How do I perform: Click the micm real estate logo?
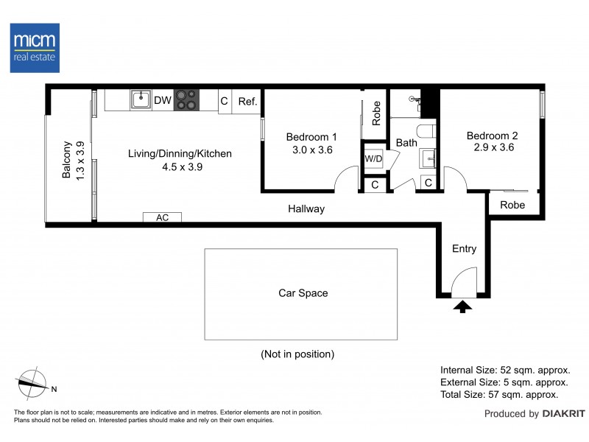(35, 48)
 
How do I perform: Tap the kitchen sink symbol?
(141, 99)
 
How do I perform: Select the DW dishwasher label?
(163, 100)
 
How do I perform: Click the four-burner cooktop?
(186, 100)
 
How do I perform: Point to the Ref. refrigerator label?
(247, 102)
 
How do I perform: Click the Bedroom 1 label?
(311, 137)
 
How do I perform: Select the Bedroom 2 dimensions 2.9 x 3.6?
(493, 147)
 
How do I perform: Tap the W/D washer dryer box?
(373, 158)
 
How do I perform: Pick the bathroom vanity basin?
(428, 158)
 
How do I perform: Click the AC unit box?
(162, 217)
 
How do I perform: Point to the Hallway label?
(306, 208)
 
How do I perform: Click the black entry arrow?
(462, 306)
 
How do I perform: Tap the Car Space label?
(303, 293)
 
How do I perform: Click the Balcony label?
(66, 160)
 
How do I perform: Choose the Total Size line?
(499, 395)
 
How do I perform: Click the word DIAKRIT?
(564, 414)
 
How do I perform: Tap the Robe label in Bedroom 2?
(512, 205)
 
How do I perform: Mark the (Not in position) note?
(297, 354)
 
